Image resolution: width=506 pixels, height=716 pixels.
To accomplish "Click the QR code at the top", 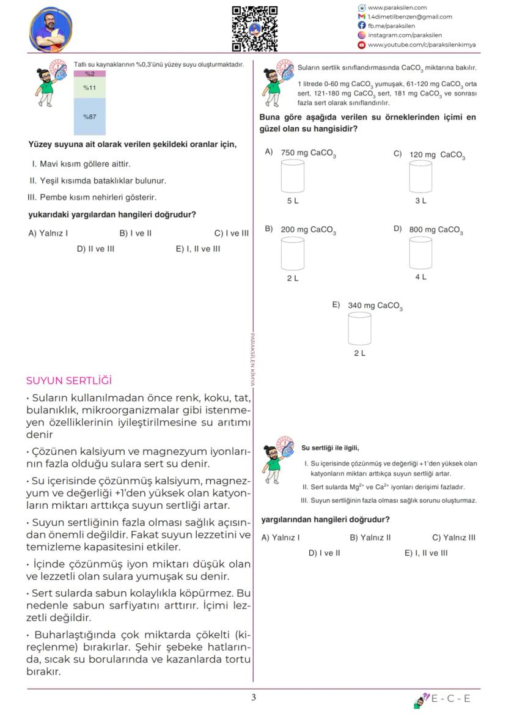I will click(x=254, y=28).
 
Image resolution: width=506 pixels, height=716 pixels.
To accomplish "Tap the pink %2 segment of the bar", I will click(x=90, y=73).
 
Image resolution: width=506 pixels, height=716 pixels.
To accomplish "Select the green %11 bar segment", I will click(x=90, y=87).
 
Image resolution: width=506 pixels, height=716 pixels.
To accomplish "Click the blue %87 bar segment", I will click(x=90, y=116).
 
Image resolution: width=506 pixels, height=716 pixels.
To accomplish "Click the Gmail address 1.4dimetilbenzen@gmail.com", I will click(x=409, y=17).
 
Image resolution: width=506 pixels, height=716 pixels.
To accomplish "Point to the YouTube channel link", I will click(x=421, y=45).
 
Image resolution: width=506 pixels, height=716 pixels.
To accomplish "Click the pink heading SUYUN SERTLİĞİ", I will click(x=69, y=380).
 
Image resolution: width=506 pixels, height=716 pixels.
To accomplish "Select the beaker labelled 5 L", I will click(x=292, y=177).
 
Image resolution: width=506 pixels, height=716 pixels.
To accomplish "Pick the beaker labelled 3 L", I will click(x=420, y=177).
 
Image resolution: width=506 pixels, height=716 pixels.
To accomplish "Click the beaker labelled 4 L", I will click(x=420, y=253).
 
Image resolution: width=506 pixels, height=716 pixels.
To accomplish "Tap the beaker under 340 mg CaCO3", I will click(x=359, y=328).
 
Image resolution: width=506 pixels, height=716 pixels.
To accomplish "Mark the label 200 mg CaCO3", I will click(x=308, y=230).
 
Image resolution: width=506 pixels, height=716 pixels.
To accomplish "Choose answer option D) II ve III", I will click(x=95, y=249).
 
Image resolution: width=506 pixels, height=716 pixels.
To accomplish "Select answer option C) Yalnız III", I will click(x=453, y=537).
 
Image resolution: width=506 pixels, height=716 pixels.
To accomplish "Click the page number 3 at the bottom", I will click(x=254, y=698).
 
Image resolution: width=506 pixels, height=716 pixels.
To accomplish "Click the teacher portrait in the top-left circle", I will click(x=51, y=29).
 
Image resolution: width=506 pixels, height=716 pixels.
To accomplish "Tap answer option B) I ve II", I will click(x=136, y=233).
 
